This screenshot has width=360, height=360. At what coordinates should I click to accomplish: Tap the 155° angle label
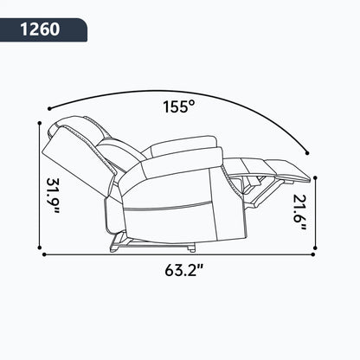tap(180, 107)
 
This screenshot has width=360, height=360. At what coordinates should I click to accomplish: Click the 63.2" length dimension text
tap(180, 269)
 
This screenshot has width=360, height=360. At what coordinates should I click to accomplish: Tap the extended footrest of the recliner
tap(277, 168)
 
